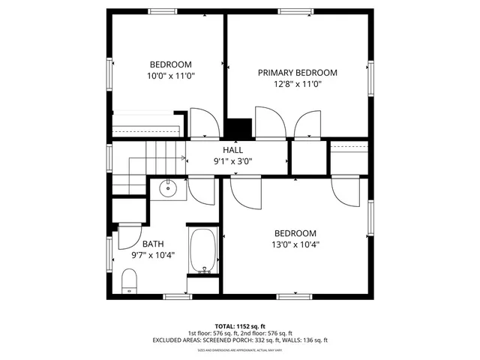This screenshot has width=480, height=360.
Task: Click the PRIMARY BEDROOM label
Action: [297, 73]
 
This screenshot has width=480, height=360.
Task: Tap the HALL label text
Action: [232, 150]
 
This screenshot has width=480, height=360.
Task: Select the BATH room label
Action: [153, 244]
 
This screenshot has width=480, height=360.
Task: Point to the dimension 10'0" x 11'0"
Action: [171, 76]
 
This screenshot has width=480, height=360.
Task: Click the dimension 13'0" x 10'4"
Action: [295, 244]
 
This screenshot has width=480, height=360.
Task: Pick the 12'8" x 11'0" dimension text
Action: [297, 84]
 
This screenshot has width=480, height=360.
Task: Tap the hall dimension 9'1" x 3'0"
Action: [232, 160]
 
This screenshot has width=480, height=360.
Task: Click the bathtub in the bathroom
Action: [202, 251]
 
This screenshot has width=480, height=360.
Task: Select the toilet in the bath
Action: [129, 281]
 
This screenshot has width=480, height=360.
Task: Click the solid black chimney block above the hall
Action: [238, 128]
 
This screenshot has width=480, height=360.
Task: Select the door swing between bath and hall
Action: [201, 190]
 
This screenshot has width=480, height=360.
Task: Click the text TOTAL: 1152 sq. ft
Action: [240, 326]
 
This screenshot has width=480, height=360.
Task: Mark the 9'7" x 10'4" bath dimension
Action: [153, 255]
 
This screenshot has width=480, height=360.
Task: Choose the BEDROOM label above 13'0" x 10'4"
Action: [295, 233]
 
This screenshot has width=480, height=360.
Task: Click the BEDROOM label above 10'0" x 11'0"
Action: [171, 64]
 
